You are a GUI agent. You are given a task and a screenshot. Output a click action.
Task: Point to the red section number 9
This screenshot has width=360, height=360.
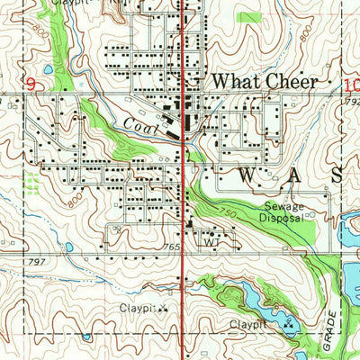click(31, 85)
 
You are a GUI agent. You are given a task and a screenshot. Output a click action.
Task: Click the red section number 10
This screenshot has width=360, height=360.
click(351, 85)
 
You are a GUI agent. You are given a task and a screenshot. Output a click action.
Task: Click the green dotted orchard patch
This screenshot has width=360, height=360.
click(32, 184)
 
